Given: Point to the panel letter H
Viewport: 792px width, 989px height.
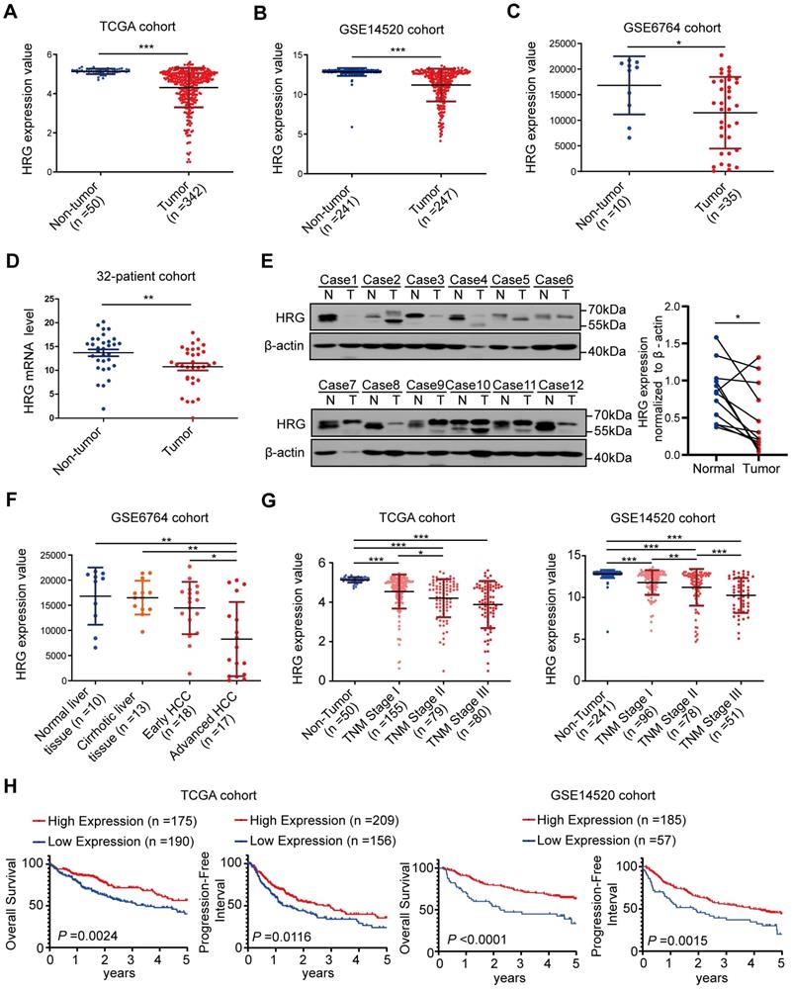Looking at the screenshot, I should [x=11, y=793].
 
